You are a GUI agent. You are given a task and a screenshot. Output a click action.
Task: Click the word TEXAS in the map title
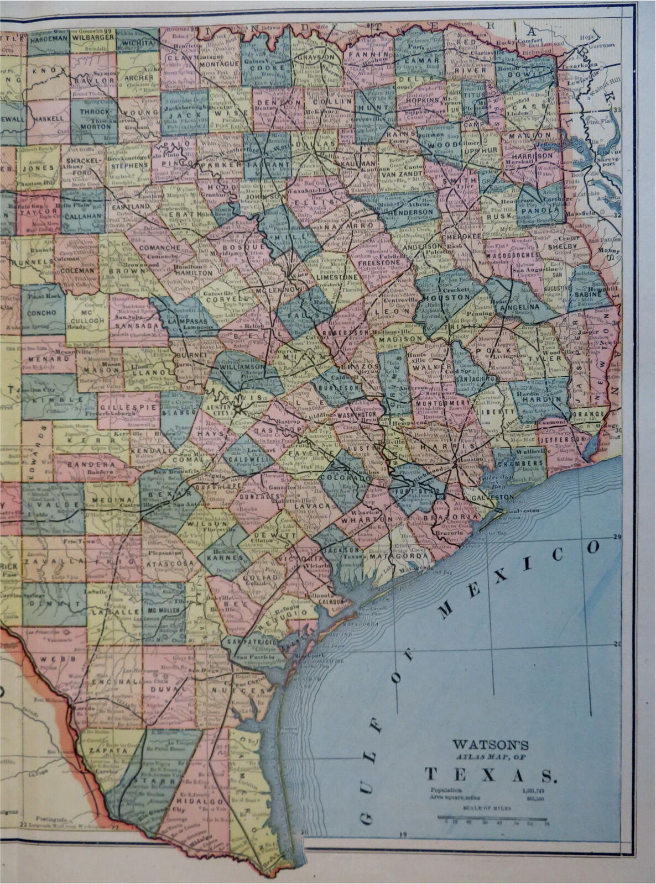click(x=489, y=775)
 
